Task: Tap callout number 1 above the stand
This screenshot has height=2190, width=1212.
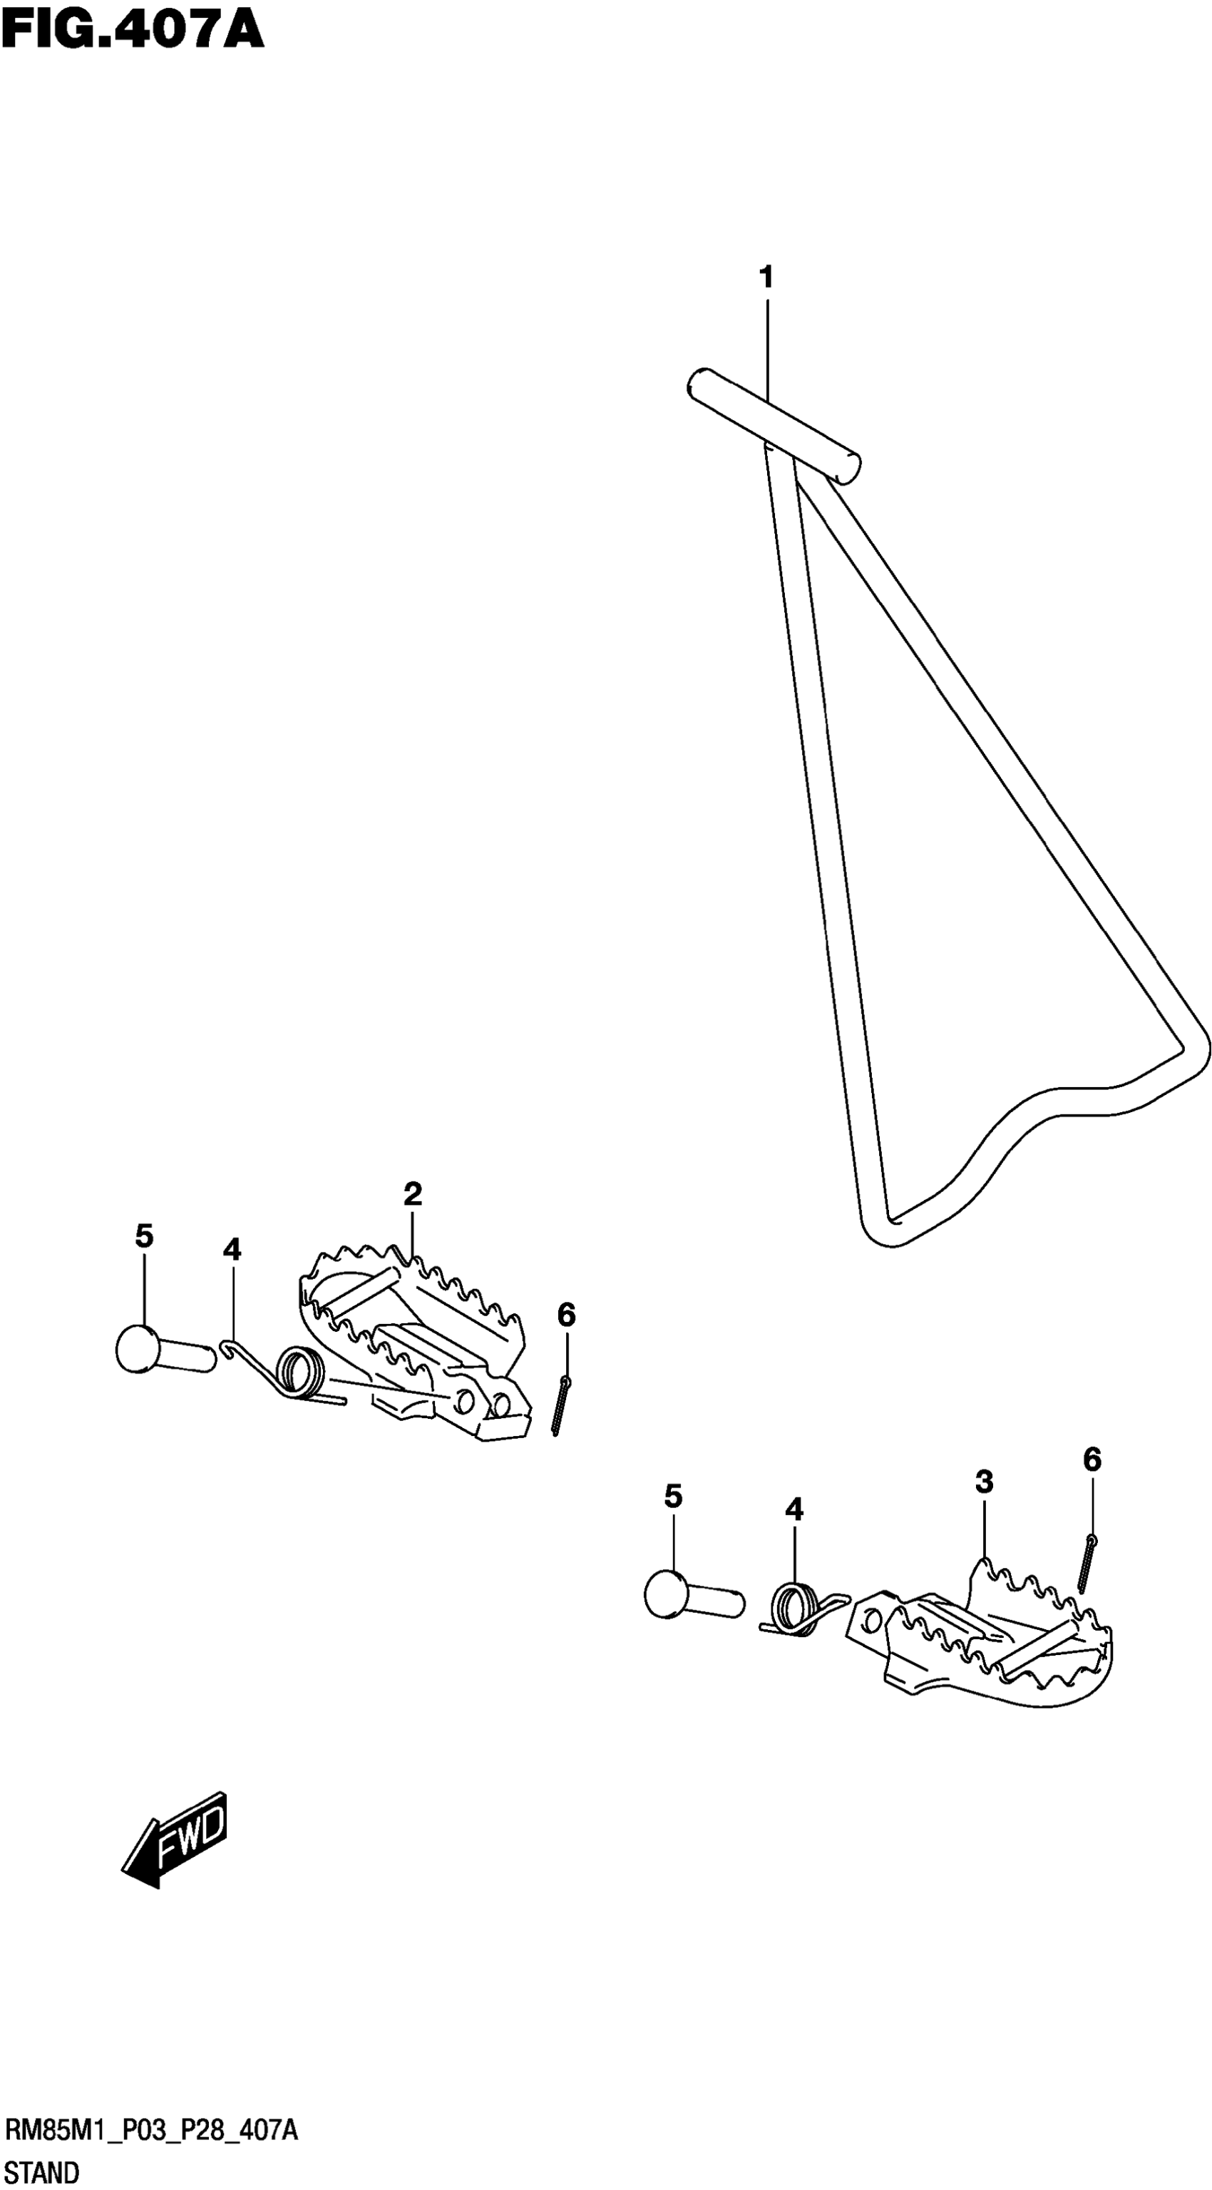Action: [x=766, y=277]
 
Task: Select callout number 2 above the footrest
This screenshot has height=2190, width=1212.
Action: [x=413, y=1194]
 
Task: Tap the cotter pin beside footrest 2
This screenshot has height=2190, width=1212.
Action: [x=560, y=1406]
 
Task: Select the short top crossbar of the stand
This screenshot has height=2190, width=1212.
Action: [x=773, y=425]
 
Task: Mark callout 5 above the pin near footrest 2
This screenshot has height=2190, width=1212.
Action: [x=143, y=1236]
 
